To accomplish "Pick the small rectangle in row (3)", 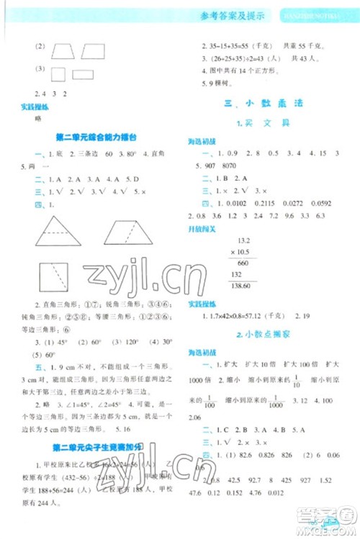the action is (84, 74).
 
